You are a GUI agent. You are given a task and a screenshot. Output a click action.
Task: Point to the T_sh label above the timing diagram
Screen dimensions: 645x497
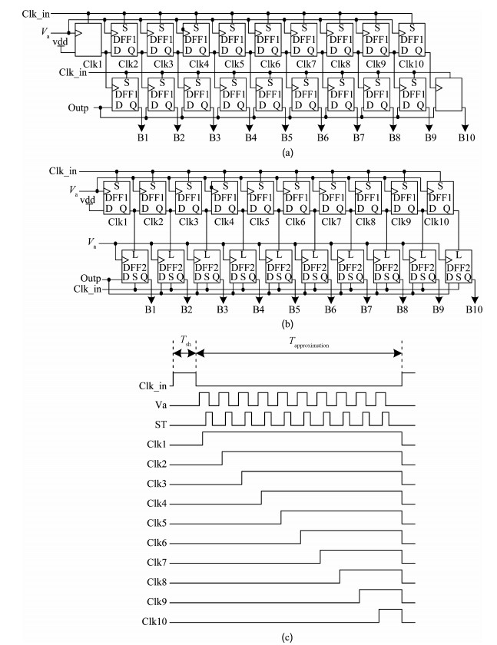click(x=185, y=344)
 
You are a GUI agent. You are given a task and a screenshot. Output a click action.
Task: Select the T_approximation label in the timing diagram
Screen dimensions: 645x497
click(x=299, y=345)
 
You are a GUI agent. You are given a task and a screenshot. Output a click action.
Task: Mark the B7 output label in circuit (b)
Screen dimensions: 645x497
click(x=366, y=309)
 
